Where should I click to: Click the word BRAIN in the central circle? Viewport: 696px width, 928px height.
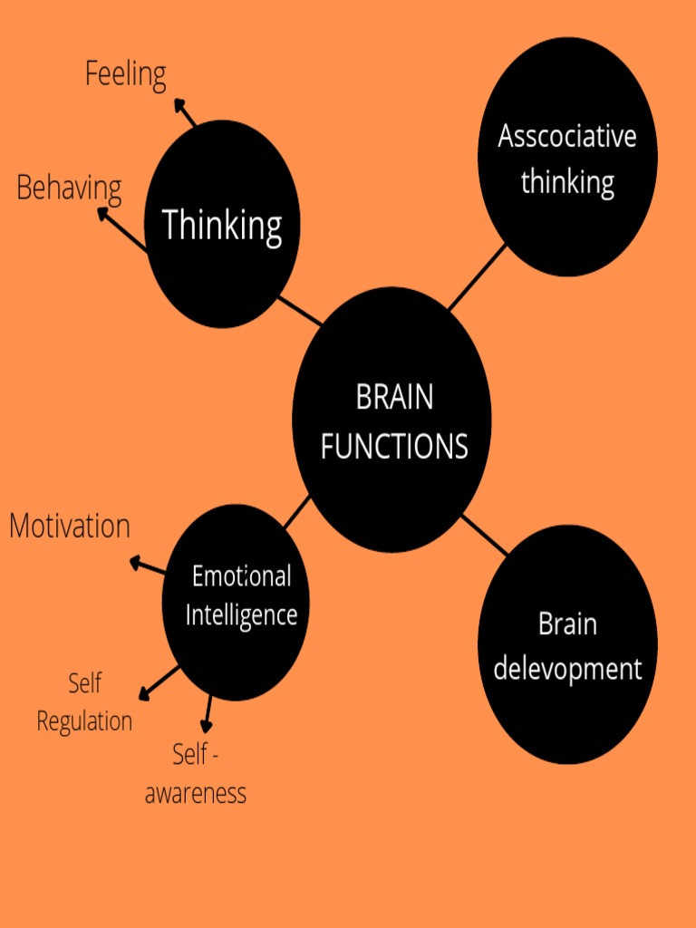click(394, 398)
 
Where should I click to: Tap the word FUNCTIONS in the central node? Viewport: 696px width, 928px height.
click(394, 446)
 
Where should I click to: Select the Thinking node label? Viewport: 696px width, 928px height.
click(222, 225)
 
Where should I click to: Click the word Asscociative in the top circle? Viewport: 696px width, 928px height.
click(567, 137)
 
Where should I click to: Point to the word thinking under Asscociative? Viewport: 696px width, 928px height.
click(567, 182)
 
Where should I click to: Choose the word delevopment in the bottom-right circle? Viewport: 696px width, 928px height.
click(567, 670)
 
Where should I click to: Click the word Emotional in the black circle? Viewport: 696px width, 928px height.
click(241, 576)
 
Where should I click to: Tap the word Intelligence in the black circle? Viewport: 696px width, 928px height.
click(241, 615)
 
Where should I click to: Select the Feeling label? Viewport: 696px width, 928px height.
click(126, 74)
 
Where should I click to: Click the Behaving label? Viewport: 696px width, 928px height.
click(69, 188)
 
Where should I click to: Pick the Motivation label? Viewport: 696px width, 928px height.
click(70, 527)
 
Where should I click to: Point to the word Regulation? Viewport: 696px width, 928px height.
click(84, 721)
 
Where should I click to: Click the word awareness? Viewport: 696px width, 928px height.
click(196, 794)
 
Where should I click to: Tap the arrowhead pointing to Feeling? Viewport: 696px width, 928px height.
click(179, 105)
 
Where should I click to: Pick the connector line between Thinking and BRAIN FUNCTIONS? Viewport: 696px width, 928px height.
click(299, 311)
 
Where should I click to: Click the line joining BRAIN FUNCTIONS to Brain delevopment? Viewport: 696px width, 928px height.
click(485, 535)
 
